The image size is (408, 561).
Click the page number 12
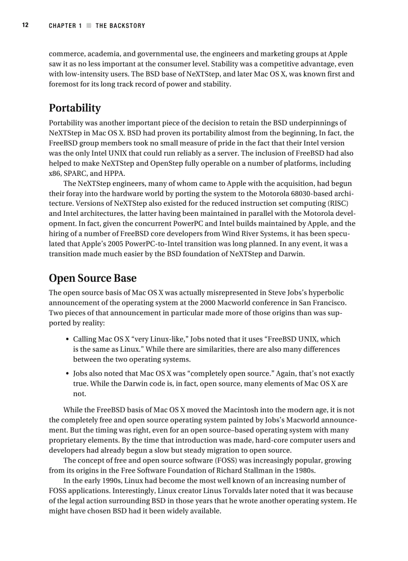point(24,25)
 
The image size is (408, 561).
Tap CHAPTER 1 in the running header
point(65,26)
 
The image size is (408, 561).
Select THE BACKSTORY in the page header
point(120,26)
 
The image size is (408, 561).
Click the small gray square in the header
point(89,26)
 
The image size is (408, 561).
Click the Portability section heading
point(74,108)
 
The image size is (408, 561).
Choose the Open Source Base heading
point(92,278)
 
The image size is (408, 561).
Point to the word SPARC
point(78,173)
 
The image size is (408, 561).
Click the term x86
point(55,173)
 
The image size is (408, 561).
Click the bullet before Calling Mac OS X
point(67,339)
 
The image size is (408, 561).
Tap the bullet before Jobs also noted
point(67,374)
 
